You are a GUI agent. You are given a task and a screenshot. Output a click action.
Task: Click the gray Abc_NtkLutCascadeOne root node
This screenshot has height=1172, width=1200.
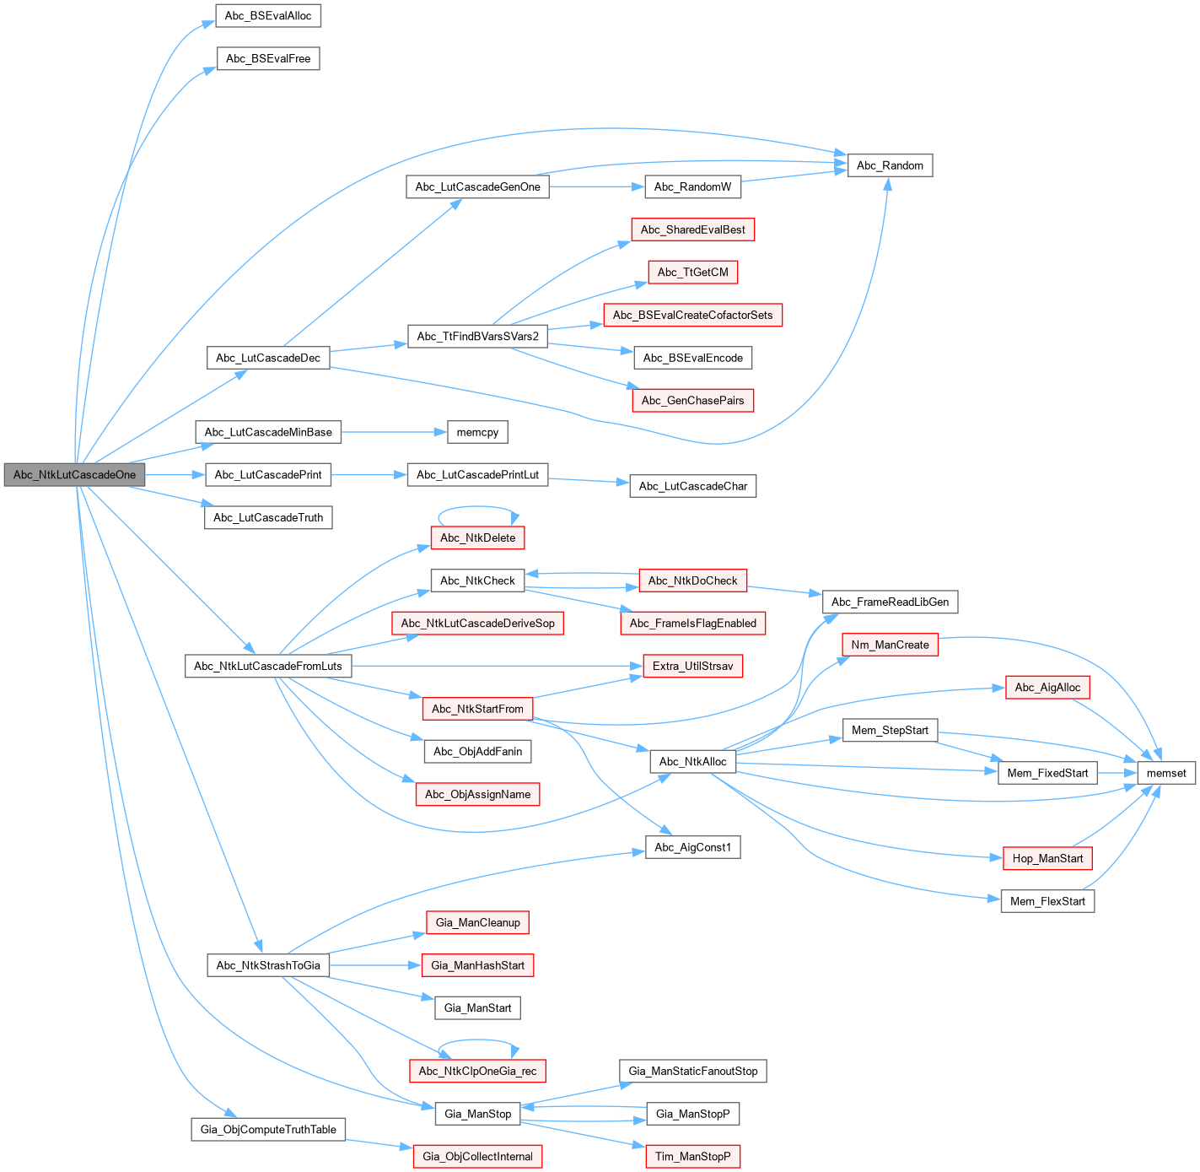pos(74,475)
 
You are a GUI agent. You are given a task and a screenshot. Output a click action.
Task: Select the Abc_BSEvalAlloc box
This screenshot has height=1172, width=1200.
pos(268,16)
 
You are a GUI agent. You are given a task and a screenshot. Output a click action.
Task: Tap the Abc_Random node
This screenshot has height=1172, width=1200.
pos(890,165)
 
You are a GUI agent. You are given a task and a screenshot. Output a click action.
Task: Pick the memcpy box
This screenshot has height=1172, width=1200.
pos(477,433)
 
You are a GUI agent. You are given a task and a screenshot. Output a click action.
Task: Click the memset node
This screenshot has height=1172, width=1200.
pos(1166,773)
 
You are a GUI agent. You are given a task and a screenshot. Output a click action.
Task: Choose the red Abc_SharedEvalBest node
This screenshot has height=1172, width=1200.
pos(692,230)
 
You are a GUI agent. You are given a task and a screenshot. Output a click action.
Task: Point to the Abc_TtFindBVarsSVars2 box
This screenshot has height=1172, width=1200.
pos(477,337)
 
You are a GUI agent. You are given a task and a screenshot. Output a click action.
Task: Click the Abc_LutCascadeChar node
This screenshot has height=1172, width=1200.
pos(692,486)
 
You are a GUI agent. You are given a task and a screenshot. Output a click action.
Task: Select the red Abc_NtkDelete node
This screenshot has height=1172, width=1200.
pos(477,537)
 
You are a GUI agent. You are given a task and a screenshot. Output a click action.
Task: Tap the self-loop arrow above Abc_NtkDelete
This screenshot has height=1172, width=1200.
pos(477,507)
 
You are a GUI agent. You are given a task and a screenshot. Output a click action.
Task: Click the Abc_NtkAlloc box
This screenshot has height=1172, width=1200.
pos(692,762)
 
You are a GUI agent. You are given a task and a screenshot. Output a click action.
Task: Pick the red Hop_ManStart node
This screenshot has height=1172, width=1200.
pos(1047,858)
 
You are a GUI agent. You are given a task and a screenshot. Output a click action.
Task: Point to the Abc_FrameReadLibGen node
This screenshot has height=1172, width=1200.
pos(890,602)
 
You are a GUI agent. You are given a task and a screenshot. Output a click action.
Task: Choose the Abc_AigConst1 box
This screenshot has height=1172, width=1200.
pos(692,847)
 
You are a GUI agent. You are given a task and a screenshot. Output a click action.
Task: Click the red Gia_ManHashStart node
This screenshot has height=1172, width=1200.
pos(477,965)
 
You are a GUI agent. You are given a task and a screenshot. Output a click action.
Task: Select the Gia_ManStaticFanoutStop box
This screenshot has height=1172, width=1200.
pos(692,1072)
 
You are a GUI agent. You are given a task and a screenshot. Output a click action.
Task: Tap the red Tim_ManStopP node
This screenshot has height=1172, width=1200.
pos(692,1157)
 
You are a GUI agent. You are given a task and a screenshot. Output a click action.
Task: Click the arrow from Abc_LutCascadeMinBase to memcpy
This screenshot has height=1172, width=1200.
pos(392,433)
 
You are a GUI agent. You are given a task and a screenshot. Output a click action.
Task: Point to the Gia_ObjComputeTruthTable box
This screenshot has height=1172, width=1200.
pos(268,1130)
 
